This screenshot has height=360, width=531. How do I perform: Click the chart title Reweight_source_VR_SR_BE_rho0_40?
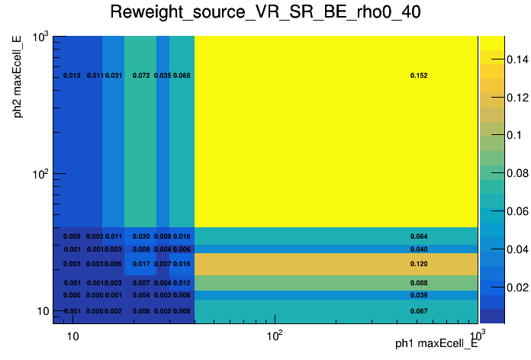[265, 13]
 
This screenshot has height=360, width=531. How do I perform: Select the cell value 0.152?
[419, 76]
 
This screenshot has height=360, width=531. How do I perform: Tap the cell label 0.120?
[419, 264]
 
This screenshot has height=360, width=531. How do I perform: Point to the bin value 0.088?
[419, 283]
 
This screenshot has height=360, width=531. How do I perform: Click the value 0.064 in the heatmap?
[419, 236]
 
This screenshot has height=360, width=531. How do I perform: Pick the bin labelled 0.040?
[419, 249]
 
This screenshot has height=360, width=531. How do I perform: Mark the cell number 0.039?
[419, 295]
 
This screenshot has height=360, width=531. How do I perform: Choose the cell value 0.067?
[419, 311]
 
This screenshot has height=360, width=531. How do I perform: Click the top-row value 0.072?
[141, 76]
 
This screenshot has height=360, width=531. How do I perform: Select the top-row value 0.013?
[72, 76]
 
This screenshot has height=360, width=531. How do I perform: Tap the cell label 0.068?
[182, 76]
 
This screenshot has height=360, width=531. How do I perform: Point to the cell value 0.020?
[141, 236]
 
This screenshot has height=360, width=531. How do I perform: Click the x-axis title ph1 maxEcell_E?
[436, 344]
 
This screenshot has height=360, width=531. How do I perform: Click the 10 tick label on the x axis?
[72, 336]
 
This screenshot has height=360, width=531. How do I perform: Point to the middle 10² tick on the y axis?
[40, 174]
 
